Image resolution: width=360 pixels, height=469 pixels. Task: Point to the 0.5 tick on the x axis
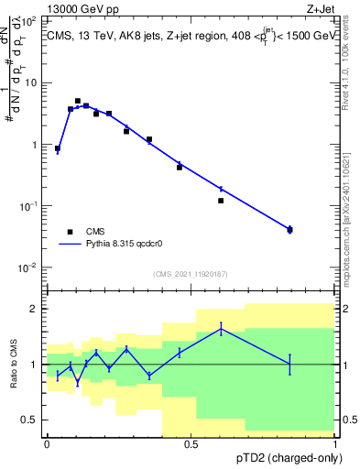191,444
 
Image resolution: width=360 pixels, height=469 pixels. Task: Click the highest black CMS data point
78,101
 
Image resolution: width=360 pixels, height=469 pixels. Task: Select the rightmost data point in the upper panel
289,229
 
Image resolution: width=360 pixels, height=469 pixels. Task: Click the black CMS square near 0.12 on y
221,201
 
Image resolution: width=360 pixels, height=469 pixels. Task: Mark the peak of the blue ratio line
221,328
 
